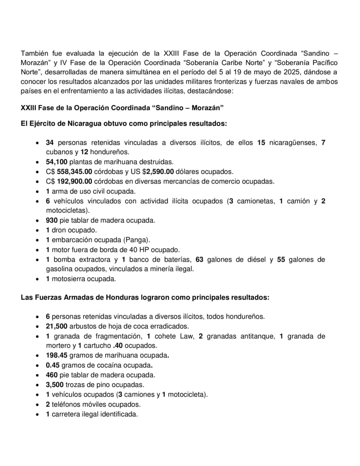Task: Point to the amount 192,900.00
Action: coord(75,182)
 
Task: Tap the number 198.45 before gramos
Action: coord(57,356)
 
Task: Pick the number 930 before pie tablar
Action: coord(52,220)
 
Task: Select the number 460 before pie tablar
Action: coord(52,375)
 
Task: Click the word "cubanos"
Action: coord(60,152)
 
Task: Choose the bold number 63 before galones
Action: coord(200,260)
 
